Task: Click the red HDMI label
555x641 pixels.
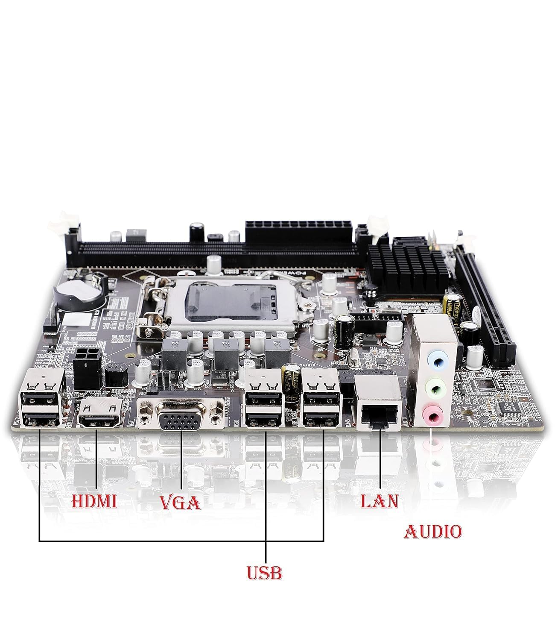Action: tap(94, 501)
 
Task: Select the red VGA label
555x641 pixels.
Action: tap(180, 503)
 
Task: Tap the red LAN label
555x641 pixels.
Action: tap(379, 501)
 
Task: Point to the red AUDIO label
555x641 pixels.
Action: tap(433, 532)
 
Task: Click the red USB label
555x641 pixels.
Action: tap(265, 573)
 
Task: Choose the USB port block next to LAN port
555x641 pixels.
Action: tap(320, 406)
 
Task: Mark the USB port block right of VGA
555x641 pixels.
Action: tap(264, 406)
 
